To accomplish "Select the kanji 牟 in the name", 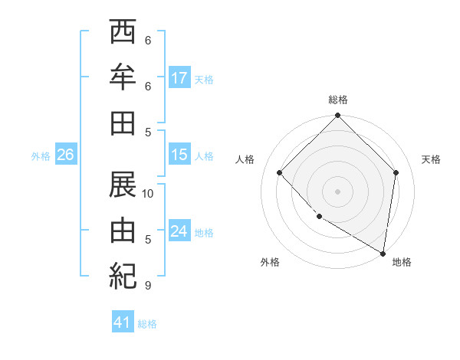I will click(x=123, y=77).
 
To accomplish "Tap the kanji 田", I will click(x=123, y=123).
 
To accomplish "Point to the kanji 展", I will click(x=123, y=184).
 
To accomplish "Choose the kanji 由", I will click(x=123, y=230).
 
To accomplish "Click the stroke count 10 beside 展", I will click(x=149, y=194).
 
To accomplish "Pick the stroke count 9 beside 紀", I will click(x=148, y=286).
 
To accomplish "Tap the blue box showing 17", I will click(x=179, y=78).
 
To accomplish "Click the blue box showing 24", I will click(x=179, y=232).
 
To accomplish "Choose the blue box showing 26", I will click(x=66, y=155).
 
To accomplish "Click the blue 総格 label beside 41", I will click(x=147, y=324).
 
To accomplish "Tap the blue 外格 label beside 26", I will click(x=41, y=156).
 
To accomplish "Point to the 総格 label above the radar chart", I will click(x=337, y=100).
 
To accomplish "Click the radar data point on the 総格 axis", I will click(x=337, y=117).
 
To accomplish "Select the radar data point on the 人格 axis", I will click(x=280, y=172).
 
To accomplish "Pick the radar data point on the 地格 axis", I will click(x=383, y=252).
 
